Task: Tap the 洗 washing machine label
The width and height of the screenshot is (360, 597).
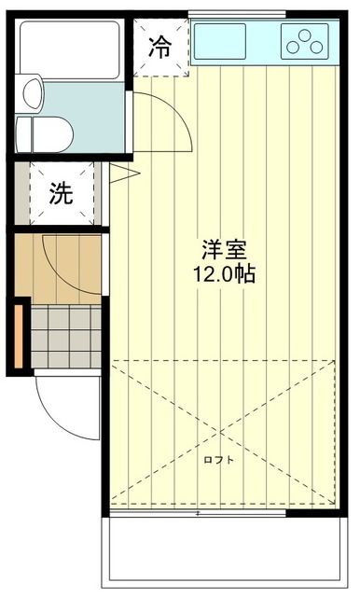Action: point(62,194)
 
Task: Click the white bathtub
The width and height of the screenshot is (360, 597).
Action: point(70,49)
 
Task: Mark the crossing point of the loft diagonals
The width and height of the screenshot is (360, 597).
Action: point(222,434)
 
